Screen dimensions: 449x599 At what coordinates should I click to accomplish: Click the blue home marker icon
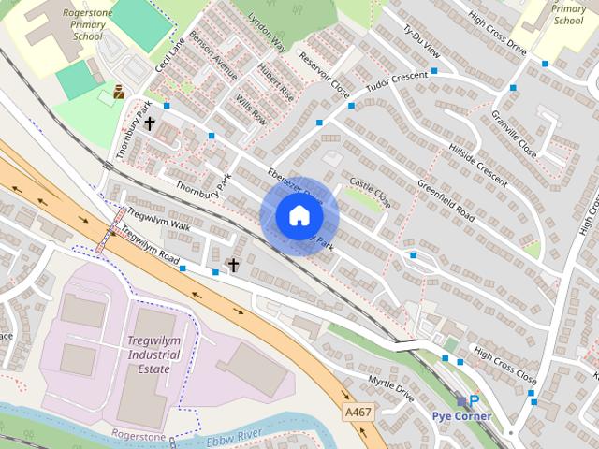(x=299, y=216)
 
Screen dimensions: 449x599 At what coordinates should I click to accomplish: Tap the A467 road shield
(x=357, y=412)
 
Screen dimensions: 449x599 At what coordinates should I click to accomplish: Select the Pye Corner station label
(x=461, y=415)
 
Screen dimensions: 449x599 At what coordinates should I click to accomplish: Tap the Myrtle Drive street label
(x=390, y=385)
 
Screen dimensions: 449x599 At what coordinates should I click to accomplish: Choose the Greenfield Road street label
(x=446, y=202)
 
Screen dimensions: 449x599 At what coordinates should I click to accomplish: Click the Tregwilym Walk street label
(x=158, y=226)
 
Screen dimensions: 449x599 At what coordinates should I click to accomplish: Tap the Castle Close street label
(x=370, y=193)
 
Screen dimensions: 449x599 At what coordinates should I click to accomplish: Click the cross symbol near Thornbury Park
(x=149, y=123)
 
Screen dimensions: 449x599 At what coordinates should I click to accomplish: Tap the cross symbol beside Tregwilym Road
(x=233, y=266)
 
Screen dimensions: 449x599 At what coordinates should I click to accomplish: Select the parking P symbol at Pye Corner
(x=474, y=400)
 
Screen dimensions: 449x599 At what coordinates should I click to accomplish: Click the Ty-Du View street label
(x=421, y=43)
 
